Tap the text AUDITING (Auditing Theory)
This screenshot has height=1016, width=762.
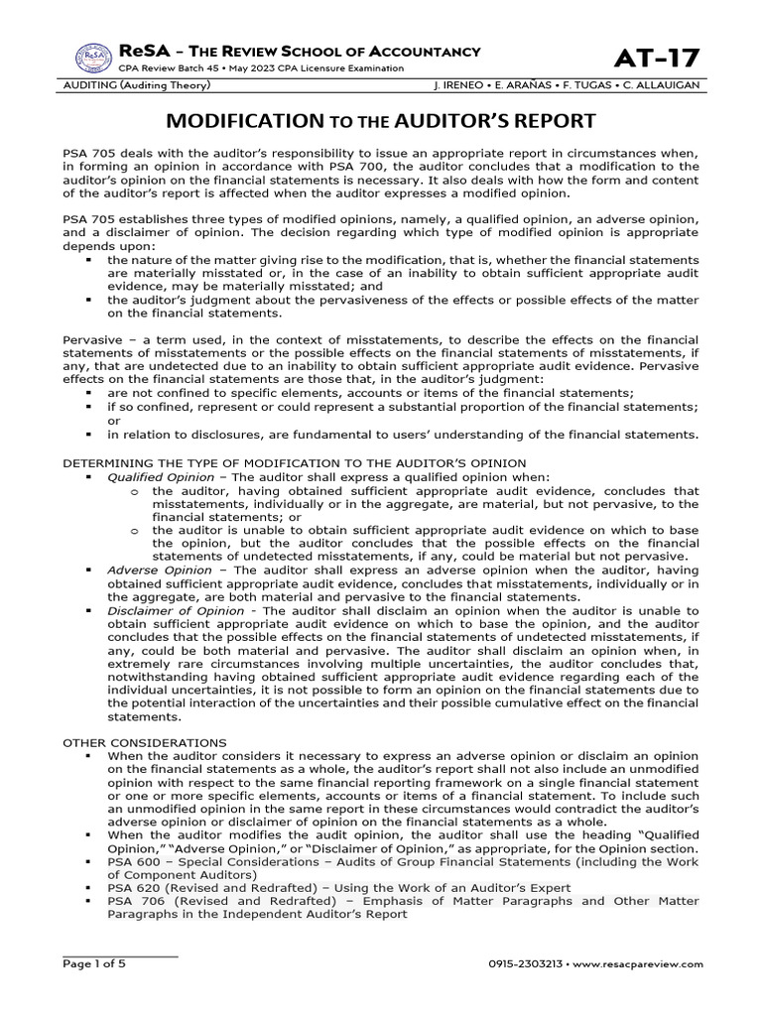click(x=138, y=86)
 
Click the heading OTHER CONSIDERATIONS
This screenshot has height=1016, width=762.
click(x=145, y=742)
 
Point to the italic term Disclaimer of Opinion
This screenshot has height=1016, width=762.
click(x=164, y=611)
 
